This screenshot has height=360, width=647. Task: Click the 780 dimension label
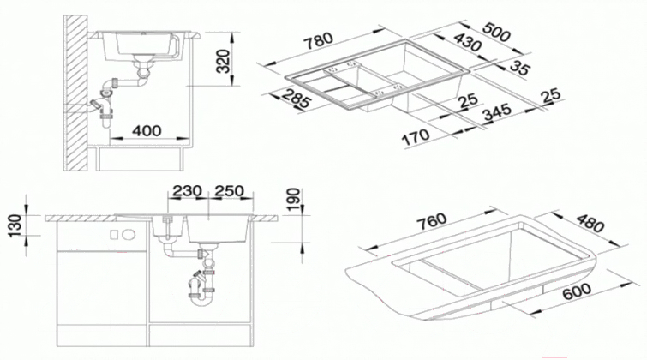(x=318, y=40)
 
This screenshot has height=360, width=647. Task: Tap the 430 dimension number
(x=468, y=43)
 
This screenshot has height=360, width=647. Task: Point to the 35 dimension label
(x=519, y=68)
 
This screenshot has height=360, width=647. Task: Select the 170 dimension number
(x=416, y=137)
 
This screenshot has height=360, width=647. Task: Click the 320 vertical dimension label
(x=223, y=61)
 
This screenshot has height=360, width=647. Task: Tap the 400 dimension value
(x=147, y=131)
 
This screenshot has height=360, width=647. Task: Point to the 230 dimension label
(x=187, y=191)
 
